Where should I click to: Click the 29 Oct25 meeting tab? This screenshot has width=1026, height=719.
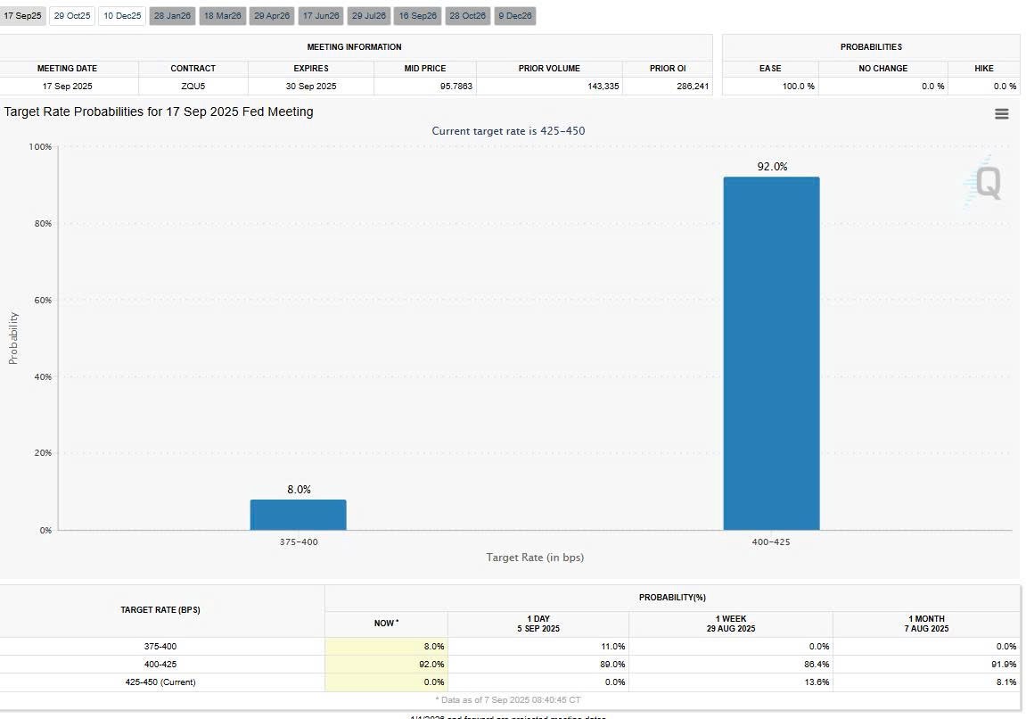[71, 16]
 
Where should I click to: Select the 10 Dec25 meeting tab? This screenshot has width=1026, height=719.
[122, 16]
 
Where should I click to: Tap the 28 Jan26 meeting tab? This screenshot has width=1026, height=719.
[172, 16]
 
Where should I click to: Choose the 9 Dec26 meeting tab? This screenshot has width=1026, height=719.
[514, 16]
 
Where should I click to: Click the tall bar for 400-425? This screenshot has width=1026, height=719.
[771, 353]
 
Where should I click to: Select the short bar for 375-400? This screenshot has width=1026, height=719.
[298, 515]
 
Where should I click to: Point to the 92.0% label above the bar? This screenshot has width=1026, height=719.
[772, 167]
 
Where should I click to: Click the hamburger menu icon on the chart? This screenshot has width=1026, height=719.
[1002, 113]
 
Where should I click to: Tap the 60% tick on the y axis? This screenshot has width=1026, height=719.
[41, 300]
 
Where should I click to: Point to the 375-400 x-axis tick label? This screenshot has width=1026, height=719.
[298, 542]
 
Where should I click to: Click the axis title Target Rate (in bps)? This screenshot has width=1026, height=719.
[535, 558]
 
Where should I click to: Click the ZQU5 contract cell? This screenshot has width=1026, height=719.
[193, 87]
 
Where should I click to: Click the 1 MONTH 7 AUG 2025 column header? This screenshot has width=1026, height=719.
[926, 624]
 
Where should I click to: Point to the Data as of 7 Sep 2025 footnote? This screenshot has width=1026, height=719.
[508, 700]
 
